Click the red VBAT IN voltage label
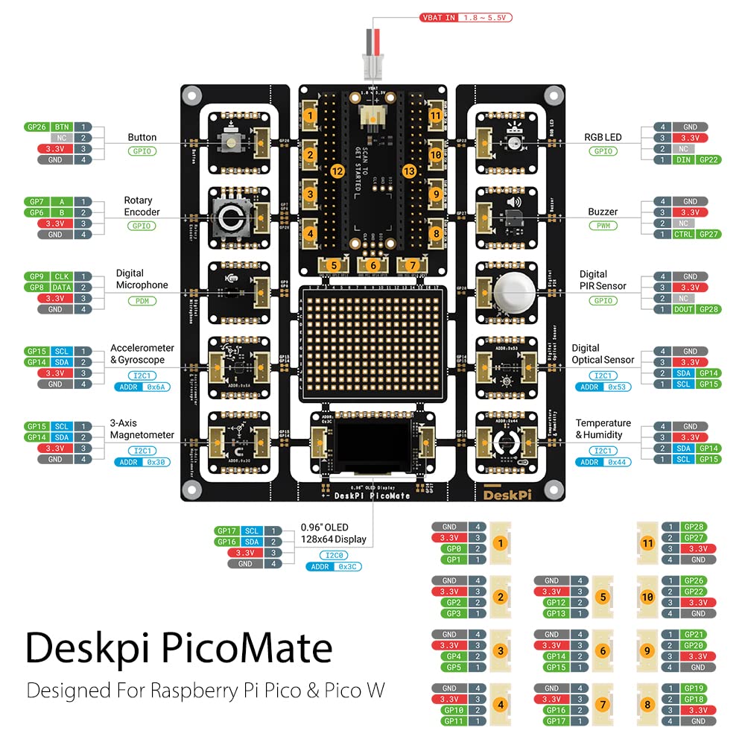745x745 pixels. point(466,17)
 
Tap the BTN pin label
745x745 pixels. point(61,127)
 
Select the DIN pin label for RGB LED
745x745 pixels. point(683,159)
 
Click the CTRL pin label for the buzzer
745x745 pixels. point(683,234)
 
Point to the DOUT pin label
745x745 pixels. point(683,308)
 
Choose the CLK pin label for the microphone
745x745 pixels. point(61,276)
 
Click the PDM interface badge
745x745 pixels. point(142,301)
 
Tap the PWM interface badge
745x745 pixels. point(602,226)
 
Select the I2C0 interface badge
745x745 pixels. point(333,555)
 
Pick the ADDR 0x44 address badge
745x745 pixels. point(602,462)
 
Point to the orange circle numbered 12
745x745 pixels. point(337,171)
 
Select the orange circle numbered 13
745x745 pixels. point(408,171)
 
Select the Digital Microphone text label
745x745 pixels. point(142,279)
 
